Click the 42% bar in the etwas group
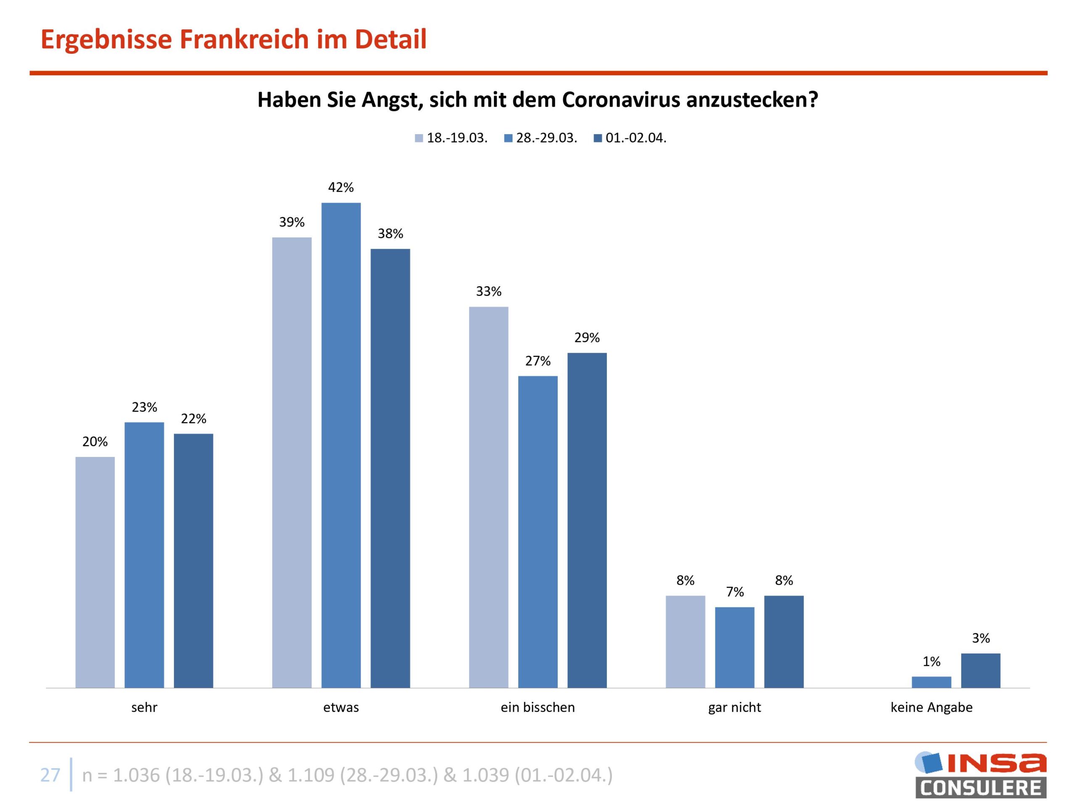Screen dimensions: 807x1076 click(x=341, y=445)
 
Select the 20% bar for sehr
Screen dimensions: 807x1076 click(x=95, y=572)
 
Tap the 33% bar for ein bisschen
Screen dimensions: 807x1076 click(x=488, y=497)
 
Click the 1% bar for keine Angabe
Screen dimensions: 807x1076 click(x=931, y=682)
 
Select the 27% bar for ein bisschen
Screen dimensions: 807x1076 click(x=538, y=532)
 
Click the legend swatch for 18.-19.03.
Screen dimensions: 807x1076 click(x=419, y=138)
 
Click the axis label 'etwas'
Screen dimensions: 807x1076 click(x=341, y=707)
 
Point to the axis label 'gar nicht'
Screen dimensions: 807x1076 click(x=735, y=707)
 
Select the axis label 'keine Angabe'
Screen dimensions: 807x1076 click(x=931, y=707)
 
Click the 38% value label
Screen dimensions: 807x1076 click(x=390, y=234)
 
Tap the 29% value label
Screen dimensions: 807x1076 click(x=587, y=338)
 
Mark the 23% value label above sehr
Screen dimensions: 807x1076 click(x=144, y=407)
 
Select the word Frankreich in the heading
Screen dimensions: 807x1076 click(x=244, y=40)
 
